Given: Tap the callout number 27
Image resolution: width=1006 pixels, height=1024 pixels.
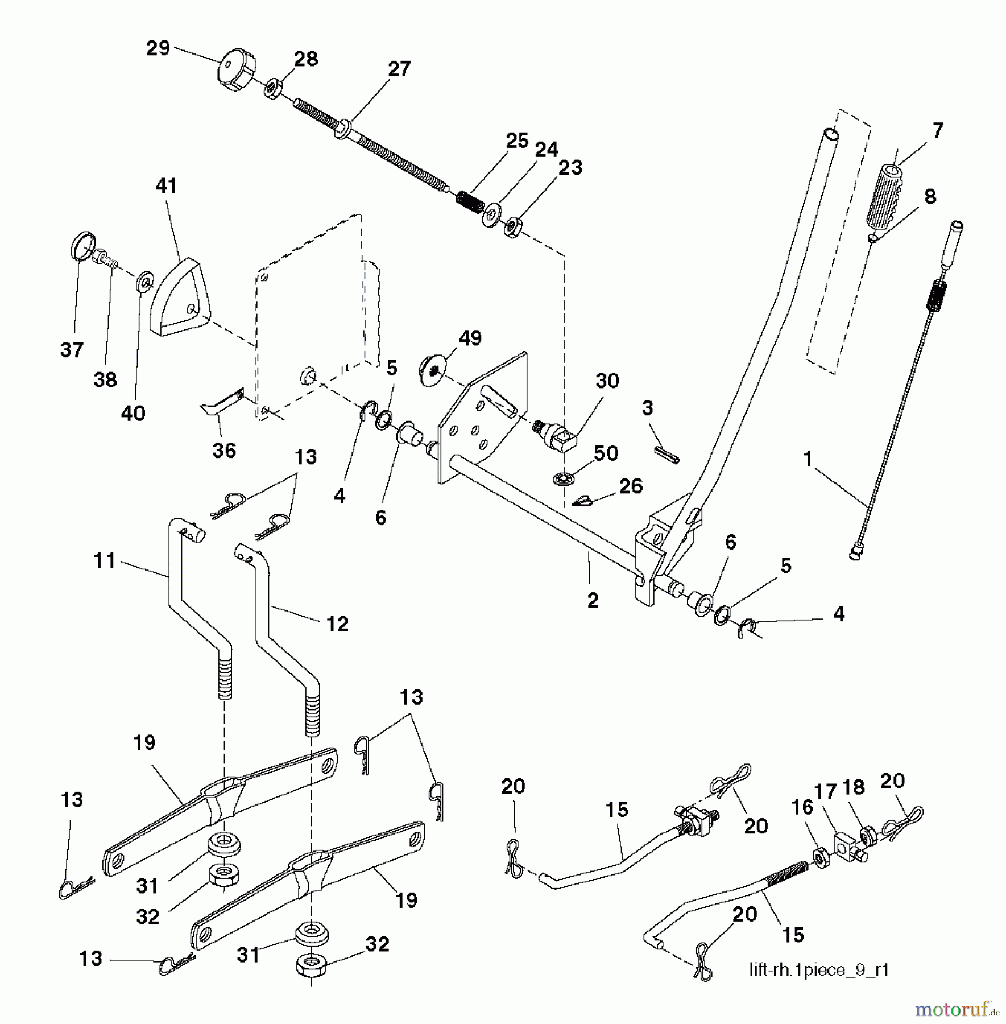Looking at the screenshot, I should click(x=399, y=69).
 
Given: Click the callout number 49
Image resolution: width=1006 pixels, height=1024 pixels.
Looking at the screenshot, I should click(x=470, y=338).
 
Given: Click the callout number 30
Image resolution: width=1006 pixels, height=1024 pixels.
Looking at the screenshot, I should click(x=607, y=381).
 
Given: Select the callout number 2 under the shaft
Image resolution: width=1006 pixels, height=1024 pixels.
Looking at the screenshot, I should click(x=593, y=601).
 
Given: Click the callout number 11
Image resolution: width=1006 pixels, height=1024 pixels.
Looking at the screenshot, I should click(x=105, y=561).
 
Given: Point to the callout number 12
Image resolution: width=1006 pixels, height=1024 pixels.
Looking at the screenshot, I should click(x=337, y=624).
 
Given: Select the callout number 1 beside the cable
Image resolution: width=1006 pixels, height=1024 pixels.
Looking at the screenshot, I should click(x=808, y=459).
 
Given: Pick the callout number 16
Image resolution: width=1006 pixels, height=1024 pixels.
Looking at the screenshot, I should click(x=802, y=807).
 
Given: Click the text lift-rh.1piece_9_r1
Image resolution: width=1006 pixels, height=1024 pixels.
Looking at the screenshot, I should click(x=819, y=970).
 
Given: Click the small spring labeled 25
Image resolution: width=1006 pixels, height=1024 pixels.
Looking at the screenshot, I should click(x=470, y=202).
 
